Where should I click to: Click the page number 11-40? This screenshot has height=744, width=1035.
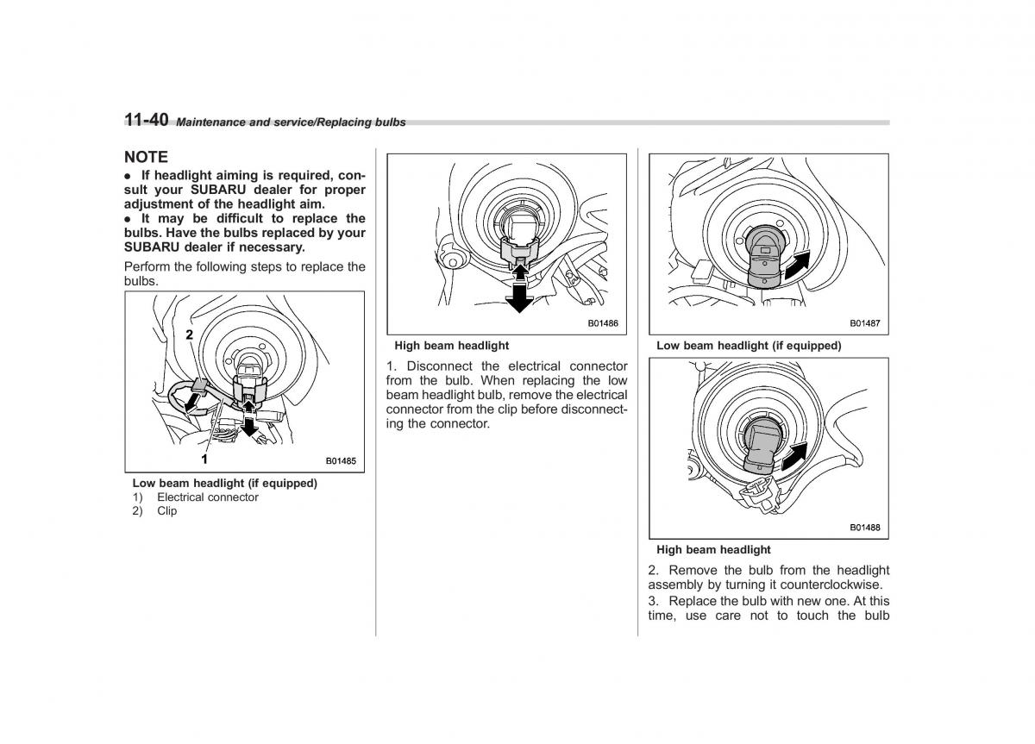coord(146,121)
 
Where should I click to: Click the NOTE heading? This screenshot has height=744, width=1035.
coord(146,157)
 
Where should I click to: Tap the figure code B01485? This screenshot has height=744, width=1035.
coord(340,461)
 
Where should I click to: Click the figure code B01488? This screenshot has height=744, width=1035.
coord(864,528)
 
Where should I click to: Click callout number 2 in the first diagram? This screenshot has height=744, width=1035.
coord(188,333)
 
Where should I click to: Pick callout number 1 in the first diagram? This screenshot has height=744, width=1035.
coord(204,458)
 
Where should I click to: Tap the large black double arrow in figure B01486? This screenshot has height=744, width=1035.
coord(517,288)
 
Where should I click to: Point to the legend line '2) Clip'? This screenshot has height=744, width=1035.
coord(155,511)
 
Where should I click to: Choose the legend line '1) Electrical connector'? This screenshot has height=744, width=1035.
coord(196,497)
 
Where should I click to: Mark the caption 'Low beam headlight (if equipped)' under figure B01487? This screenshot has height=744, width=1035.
coord(748,346)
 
